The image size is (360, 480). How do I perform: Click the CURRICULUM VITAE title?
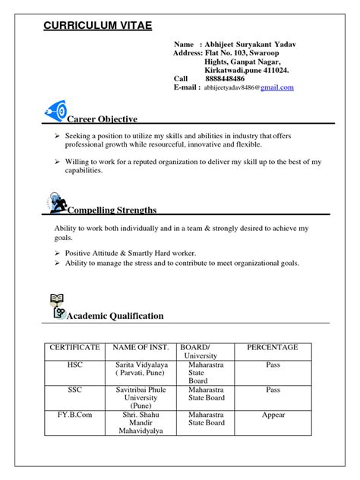(97, 26)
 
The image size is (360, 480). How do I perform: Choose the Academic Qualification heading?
(115, 315)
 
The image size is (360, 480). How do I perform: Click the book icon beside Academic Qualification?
(56, 305)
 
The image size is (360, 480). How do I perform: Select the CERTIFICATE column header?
(74, 347)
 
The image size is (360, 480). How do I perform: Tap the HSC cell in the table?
(74, 365)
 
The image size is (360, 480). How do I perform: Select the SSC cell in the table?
(74, 390)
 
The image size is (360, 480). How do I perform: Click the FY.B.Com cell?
(74, 415)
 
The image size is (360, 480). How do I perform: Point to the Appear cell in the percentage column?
(273, 415)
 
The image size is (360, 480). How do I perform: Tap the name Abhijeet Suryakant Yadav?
(250, 45)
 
